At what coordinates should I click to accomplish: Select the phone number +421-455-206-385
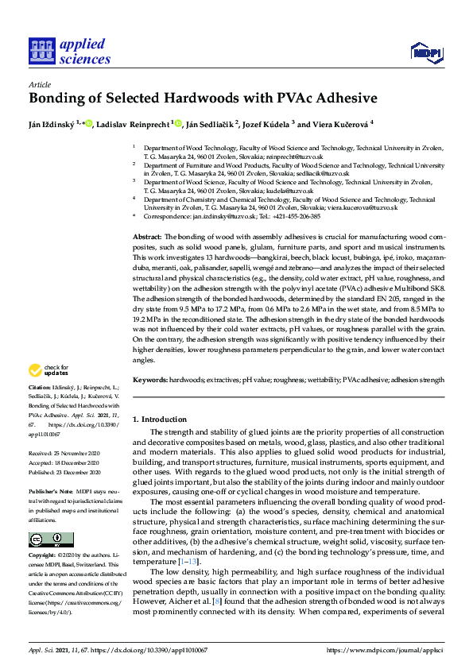[293, 215]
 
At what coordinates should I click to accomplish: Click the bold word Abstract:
[146, 238]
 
